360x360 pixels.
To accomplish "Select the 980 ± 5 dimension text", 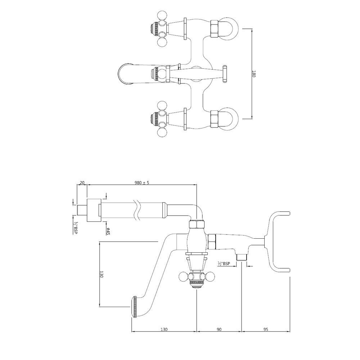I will coord(142,183).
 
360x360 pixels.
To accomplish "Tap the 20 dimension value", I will coord(82,183).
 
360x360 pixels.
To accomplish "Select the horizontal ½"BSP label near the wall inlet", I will coord(224,264).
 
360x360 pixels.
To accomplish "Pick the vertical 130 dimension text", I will coord(102,274).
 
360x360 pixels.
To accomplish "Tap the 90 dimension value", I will coord(219,329).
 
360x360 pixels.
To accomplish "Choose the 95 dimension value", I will coord(266,329).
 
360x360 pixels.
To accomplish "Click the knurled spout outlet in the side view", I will coord(135,307).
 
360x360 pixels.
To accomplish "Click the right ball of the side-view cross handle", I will coord(210,277).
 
